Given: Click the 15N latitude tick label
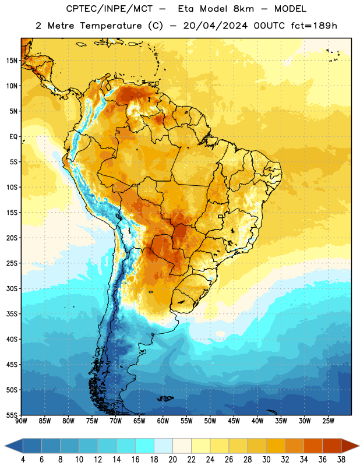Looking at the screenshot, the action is click(x=12, y=61).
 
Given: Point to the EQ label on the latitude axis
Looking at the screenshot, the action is click(x=13, y=137).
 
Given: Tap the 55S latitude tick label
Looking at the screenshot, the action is click(x=12, y=415).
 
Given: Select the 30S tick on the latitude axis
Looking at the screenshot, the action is click(x=12, y=288).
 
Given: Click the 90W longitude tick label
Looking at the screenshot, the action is click(x=21, y=421).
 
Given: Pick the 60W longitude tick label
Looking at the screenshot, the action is click(x=163, y=421).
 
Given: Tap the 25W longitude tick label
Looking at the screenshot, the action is click(x=328, y=421).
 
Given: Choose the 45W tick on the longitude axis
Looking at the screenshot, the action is click(x=234, y=421).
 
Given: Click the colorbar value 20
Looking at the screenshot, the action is click(x=172, y=460).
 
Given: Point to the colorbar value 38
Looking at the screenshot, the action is click(x=341, y=460).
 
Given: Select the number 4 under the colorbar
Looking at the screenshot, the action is click(x=23, y=460).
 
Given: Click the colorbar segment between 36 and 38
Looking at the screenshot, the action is click(x=332, y=446).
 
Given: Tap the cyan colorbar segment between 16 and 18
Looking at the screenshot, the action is click(x=145, y=446).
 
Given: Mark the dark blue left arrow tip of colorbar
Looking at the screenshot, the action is click(x=5, y=446).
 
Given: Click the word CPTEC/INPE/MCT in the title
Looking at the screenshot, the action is click(x=109, y=9).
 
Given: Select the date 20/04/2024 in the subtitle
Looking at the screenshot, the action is click(x=215, y=26).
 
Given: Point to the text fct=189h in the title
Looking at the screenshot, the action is click(x=314, y=26).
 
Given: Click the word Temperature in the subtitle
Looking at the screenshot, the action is click(x=111, y=26).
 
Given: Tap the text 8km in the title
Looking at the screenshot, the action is click(x=243, y=9).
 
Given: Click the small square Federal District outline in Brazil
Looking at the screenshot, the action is click(x=221, y=216).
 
